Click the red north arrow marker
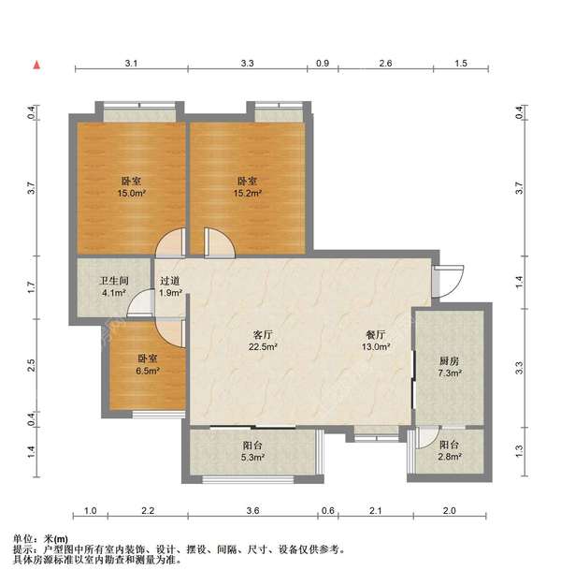point(36,66)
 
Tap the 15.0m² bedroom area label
point(131,187)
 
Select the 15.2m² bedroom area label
point(247,187)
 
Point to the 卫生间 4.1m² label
point(114,286)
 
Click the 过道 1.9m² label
point(170,286)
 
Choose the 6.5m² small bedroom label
point(148,365)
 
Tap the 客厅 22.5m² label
point(263,341)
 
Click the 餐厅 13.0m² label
point(376,341)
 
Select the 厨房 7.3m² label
point(450,367)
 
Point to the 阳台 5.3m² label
point(252,451)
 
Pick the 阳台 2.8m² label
point(449,450)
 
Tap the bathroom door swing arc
point(140,303)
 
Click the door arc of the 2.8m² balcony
point(428,437)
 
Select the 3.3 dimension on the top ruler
point(247,63)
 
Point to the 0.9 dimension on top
point(323,63)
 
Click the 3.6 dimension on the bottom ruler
point(252,510)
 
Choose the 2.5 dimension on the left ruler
point(31,365)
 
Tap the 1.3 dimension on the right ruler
point(519,451)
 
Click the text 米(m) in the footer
point(56,539)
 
